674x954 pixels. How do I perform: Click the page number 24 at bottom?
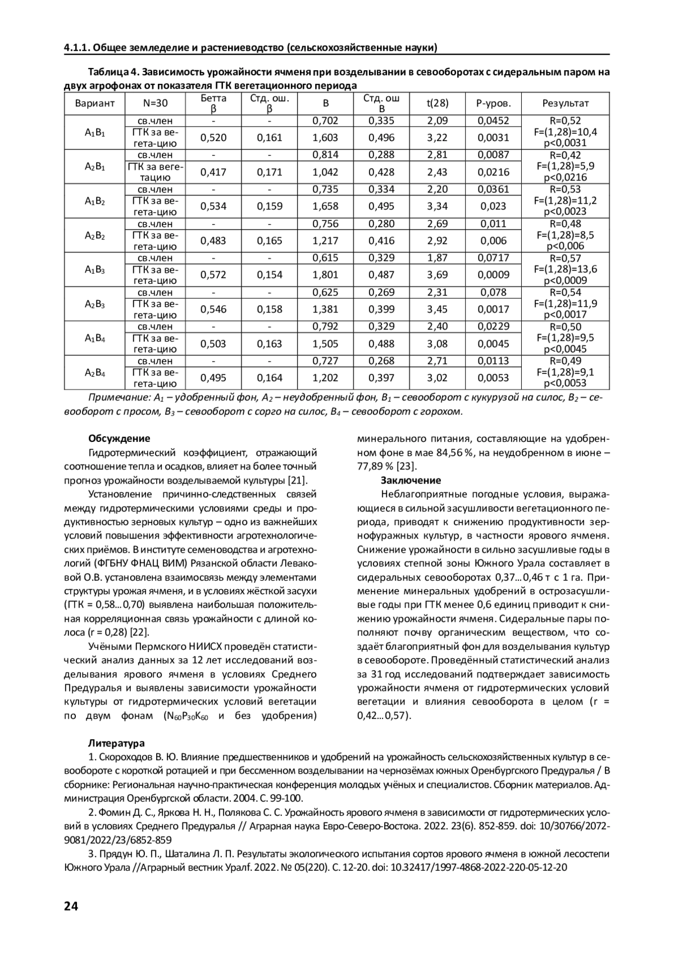click(x=71, y=906)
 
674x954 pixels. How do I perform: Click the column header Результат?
click(x=565, y=103)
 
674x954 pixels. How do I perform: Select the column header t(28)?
click(x=437, y=103)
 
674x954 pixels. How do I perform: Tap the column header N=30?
click(x=155, y=103)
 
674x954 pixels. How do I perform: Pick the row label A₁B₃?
click(x=94, y=270)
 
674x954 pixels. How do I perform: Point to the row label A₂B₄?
click(x=94, y=373)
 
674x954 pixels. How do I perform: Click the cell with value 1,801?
click(x=325, y=275)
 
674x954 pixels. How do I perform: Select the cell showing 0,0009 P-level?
click(x=493, y=275)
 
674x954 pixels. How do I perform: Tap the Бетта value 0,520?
click(x=213, y=138)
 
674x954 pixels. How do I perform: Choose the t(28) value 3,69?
click(x=437, y=275)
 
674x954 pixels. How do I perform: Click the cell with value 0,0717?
click(x=493, y=258)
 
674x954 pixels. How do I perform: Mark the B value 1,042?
click(x=325, y=172)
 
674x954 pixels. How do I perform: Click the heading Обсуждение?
click(x=119, y=438)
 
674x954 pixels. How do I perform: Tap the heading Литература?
click(x=116, y=743)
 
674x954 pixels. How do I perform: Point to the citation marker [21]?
click(x=297, y=480)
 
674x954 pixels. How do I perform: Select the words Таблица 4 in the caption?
click(x=111, y=73)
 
